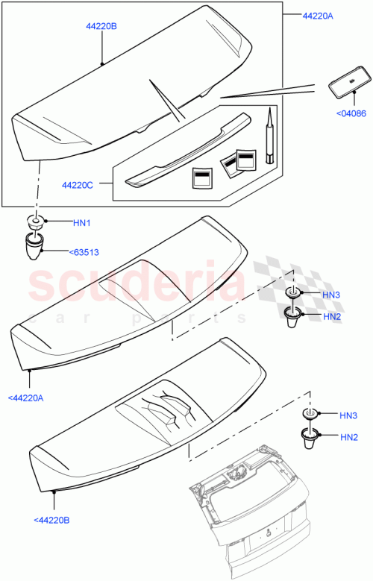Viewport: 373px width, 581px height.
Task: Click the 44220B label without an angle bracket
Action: [101, 25]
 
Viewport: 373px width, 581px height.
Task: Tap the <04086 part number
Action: [351, 113]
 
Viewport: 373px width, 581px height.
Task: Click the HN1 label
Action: [81, 222]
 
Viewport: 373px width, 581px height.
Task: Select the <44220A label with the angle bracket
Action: [26, 398]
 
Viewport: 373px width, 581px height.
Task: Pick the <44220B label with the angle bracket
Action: [53, 519]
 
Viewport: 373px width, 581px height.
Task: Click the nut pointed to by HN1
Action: [34, 222]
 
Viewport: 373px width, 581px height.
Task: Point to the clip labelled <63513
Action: [34, 246]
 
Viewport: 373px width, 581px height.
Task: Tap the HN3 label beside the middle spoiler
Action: [331, 295]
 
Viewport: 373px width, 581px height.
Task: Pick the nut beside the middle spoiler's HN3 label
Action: [292, 293]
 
